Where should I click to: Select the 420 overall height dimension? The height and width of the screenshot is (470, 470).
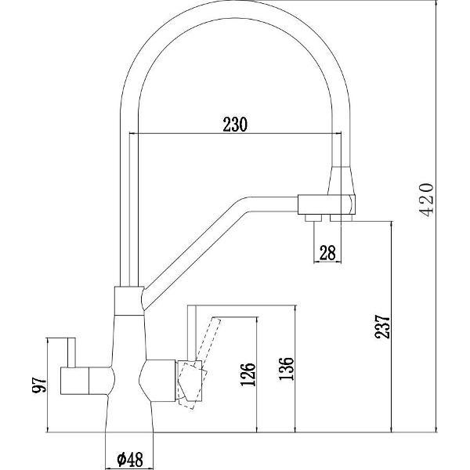[427, 202]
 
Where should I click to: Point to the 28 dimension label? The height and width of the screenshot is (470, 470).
[327, 251]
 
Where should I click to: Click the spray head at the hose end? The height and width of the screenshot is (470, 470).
[345, 188]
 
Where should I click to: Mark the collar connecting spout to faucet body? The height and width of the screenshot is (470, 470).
[129, 298]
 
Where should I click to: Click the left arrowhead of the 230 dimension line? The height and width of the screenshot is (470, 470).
[141, 134]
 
